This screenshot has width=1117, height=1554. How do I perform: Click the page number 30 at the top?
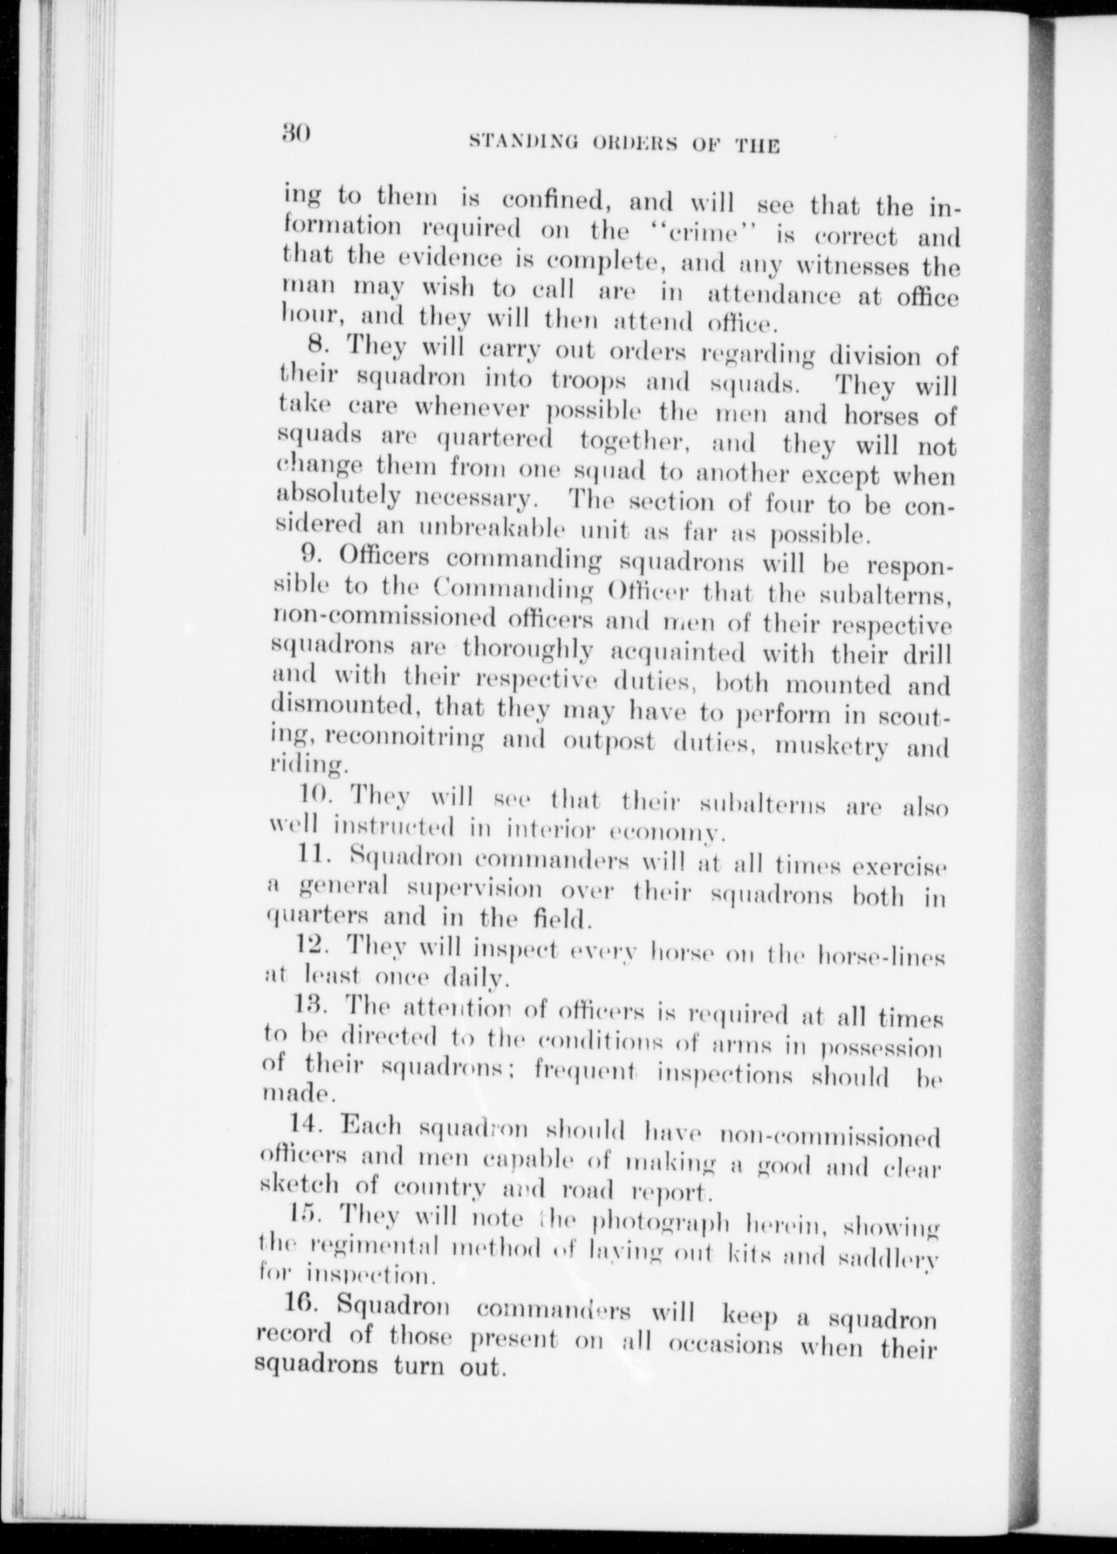point(295,132)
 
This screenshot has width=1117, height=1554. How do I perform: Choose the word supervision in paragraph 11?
point(473,889)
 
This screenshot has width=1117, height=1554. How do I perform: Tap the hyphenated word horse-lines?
point(881,956)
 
